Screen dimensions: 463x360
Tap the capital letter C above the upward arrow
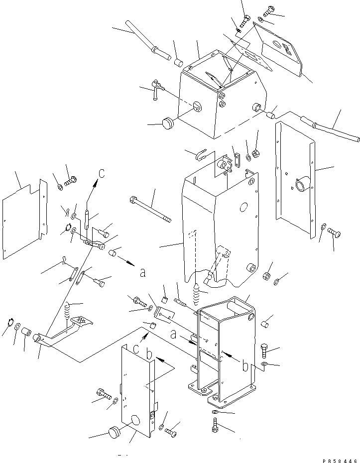coord(101,173)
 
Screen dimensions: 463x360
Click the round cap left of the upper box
coord(168,123)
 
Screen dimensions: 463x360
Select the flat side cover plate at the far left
coord(22,219)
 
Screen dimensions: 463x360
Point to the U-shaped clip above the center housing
coord(202,156)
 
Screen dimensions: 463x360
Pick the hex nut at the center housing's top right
coord(255,153)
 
